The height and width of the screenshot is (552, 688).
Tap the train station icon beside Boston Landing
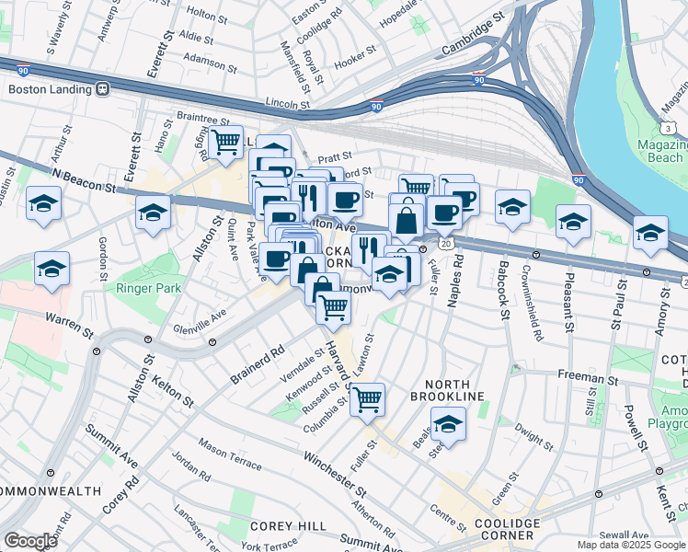coord(102,89)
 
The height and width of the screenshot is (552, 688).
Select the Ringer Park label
coord(147,288)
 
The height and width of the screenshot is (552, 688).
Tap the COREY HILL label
coord(289,525)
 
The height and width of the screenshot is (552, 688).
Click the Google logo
coord(30,541)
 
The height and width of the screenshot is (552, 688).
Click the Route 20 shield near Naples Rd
coord(446,241)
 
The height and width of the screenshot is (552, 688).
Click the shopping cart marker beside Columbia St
coord(367,400)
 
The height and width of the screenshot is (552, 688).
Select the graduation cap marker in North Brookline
coord(448,424)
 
